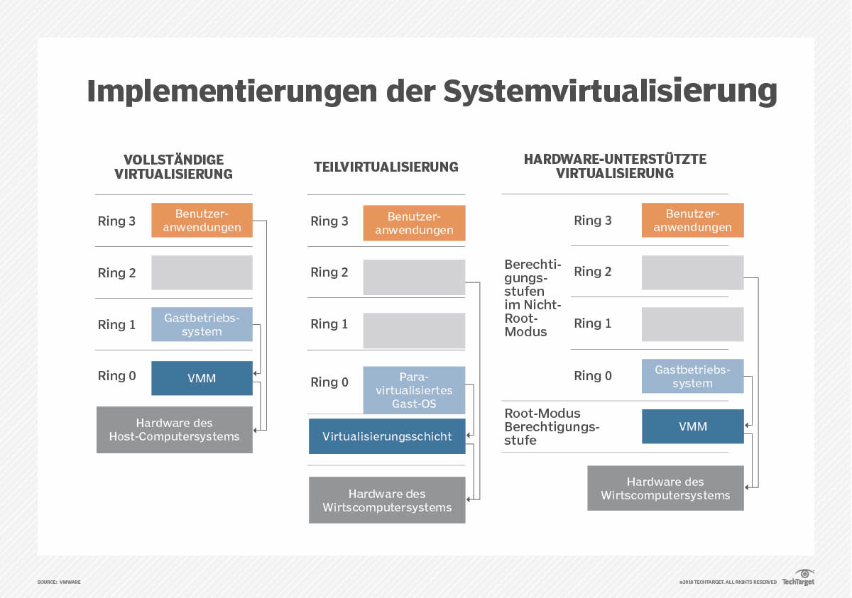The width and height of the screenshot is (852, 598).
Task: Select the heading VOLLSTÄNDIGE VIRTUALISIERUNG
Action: tap(174, 167)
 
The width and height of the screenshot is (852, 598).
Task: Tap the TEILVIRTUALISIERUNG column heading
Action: tap(386, 167)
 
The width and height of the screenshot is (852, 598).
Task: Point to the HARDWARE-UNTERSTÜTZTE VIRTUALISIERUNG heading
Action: tap(615, 166)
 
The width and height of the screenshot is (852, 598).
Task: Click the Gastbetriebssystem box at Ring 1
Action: tap(202, 324)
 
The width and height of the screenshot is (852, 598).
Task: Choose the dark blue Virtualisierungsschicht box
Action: tap(387, 436)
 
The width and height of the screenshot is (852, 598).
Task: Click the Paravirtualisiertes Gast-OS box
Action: tap(414, 390)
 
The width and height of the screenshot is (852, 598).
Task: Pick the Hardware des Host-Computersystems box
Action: tap(175, 430)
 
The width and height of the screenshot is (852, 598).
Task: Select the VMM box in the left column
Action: tap(202, 378)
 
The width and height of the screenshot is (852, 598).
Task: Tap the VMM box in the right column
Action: tap(692, 426)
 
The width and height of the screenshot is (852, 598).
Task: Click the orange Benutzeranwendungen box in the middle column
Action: tap(414, 223)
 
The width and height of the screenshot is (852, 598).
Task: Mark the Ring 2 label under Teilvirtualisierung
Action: tap(329, 272)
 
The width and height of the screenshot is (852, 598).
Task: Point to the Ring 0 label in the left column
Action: tap(117, 376)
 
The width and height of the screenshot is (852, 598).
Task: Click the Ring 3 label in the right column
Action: tap(593, 221)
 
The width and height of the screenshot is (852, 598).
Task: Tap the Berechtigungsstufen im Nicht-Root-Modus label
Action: tap(533, 298)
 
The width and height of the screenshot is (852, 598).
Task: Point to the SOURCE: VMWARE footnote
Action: tap(59, 582)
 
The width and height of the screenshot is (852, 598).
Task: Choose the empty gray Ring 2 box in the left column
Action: tap(202, 272)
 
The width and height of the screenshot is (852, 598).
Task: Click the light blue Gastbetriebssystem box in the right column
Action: tap(692, 377)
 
